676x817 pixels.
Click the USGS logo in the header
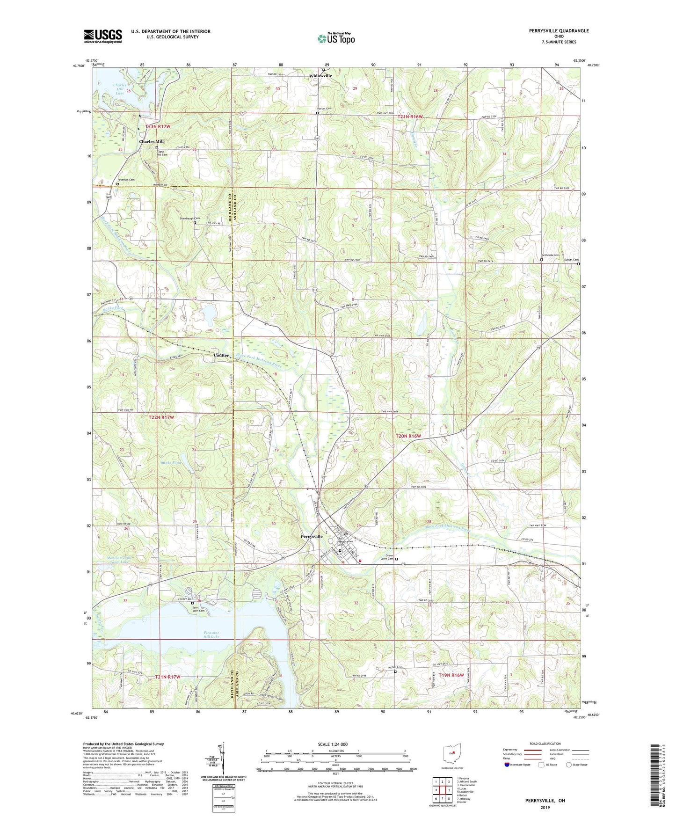pos(103,36)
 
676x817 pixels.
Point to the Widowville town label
pos(321,76)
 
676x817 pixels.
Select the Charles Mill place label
pos(151,141)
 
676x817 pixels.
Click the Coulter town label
pos(221,355)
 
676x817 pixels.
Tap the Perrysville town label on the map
pos(312,536)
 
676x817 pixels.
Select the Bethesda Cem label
pos(550,255)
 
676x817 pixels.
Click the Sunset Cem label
pos(571,260)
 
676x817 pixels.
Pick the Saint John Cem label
pos(198,608)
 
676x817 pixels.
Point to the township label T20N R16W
pos(408,436)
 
